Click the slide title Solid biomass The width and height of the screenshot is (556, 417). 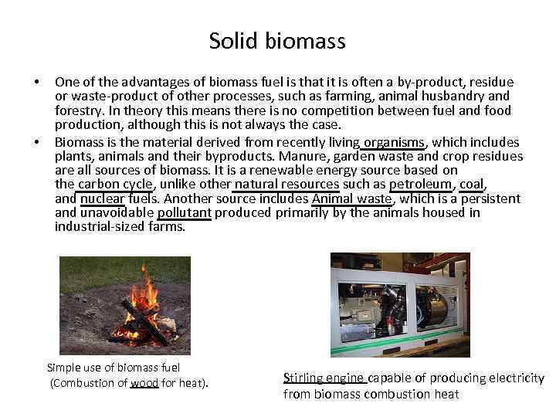click(x=277, y=40)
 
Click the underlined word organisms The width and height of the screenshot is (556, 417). click(x=394, y=142)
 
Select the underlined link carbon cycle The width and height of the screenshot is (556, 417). click(x=116, y=184)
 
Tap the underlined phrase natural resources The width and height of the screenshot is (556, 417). click(x=286, y=184)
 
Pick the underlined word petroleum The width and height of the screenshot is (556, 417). click(x=421, y=184)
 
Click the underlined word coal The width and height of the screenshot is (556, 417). click(x=471, y=184)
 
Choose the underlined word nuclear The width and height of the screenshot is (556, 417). click(x=102, y=198)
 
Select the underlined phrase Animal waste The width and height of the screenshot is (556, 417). click(x=352, y=198)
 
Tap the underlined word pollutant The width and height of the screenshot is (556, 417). click(x=185, y=212)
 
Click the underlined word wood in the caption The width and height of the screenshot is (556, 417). click(x=144, y=382)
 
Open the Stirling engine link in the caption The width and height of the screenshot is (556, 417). click(x=324, y=378)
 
